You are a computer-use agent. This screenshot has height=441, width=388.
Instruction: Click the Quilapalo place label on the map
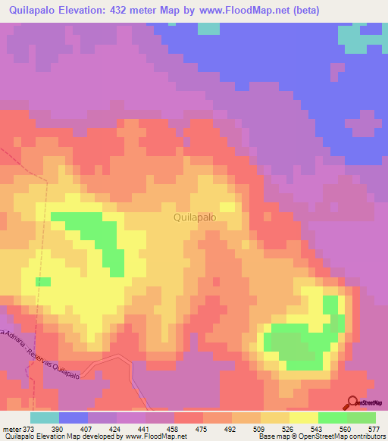(x=195, y=217)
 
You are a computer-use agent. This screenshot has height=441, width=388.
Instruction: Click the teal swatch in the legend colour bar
(x=45, y=418)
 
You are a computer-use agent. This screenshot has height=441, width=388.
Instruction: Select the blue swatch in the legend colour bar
(x=74, y=418)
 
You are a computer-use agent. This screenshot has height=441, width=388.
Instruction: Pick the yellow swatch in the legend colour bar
(x=304, y=418)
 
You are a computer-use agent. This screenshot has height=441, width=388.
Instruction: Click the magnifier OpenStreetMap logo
(x=352, y=403)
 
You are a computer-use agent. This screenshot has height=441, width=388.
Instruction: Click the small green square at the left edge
(x=43, y=282)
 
